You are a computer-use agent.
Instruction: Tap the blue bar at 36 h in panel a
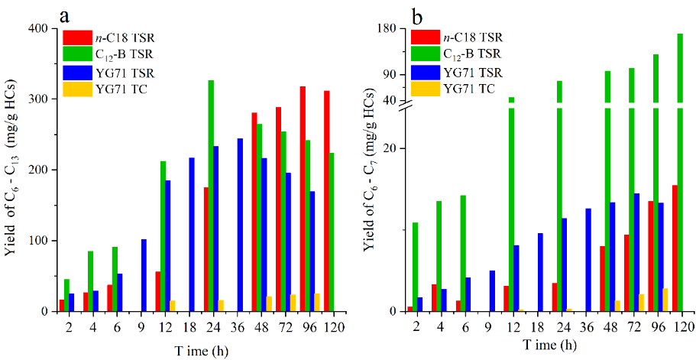(241, 225)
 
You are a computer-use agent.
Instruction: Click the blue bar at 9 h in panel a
(144, 275)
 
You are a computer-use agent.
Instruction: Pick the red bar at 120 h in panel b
(675, 248)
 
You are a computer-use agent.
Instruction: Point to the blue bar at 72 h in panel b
(636, 252)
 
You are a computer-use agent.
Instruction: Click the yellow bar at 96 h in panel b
(665, 300)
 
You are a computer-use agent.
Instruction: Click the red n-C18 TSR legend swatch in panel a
(77, 37)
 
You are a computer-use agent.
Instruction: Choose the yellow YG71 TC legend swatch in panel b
(426, 89)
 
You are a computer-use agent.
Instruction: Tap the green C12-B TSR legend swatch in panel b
(426, 54)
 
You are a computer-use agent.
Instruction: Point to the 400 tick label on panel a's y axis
(40, 28)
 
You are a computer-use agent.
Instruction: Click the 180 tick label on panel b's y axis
(390, 28)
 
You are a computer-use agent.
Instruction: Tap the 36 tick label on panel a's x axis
(241, 326)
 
